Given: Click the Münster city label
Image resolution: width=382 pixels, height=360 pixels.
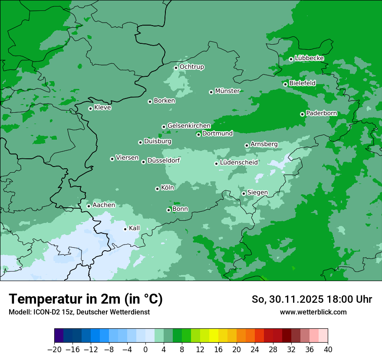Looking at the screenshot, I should pos(227,91).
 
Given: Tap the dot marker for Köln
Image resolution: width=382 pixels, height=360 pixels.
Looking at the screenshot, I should pos(157,189).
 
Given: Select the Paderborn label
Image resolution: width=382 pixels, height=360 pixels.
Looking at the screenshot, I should pos(322,113).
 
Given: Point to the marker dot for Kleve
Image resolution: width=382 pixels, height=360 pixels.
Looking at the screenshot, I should pos(90,108).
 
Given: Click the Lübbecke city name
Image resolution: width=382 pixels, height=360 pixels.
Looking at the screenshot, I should pos(309,58).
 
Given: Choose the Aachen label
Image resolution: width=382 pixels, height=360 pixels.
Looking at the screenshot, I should pos(104,205).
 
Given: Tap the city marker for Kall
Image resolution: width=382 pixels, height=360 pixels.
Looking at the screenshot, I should pos(125,229).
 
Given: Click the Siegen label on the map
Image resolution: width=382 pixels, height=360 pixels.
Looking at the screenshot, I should pos(257,193).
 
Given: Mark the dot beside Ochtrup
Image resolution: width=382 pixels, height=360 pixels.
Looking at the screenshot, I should pos(176,68).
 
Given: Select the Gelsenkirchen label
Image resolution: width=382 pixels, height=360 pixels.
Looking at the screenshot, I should pos(189,126).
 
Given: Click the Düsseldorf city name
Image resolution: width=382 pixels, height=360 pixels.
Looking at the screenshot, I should pos(164,161).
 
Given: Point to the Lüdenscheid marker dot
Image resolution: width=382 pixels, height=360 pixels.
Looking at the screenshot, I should pos(216,164).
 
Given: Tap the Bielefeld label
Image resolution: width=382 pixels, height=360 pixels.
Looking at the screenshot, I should pos(302,83).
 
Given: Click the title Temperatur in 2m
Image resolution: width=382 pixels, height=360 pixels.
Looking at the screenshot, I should pos(86,299).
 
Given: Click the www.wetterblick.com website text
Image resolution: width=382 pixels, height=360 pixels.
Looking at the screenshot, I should pos(313,312).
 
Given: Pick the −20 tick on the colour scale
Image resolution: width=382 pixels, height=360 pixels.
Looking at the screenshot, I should pos(55,350).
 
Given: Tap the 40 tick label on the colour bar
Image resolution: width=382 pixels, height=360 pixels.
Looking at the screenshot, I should pos(328,350).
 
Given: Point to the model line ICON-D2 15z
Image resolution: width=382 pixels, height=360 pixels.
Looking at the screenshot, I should pos(79,312).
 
